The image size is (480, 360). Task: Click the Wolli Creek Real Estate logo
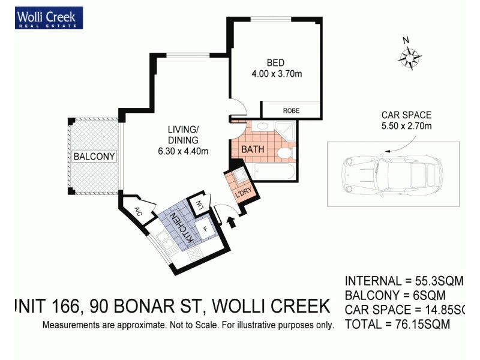pos(50,17)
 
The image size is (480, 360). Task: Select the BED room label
pos(275,63)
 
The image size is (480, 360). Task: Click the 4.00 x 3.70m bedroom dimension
pos(275,74)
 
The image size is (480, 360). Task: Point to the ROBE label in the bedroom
pos(291,110)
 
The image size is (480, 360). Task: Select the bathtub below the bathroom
pos(274,173)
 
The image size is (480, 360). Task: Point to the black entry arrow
pos(232,222)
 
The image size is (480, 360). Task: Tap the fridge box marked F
pos(205,229)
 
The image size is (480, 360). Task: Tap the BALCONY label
pos(94,157)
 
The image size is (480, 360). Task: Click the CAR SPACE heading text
pos(406,115)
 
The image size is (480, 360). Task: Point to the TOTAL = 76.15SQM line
pos(397,325)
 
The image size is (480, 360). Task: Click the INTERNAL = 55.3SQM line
pos(404,281)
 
